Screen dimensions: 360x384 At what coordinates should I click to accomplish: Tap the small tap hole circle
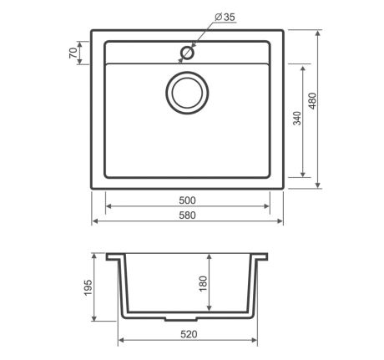[187, 53]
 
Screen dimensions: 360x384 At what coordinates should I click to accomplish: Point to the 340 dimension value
[298, 119]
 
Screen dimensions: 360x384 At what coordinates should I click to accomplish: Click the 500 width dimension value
[187, 200]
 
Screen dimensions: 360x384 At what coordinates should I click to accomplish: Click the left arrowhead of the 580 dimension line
[94, 222]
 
